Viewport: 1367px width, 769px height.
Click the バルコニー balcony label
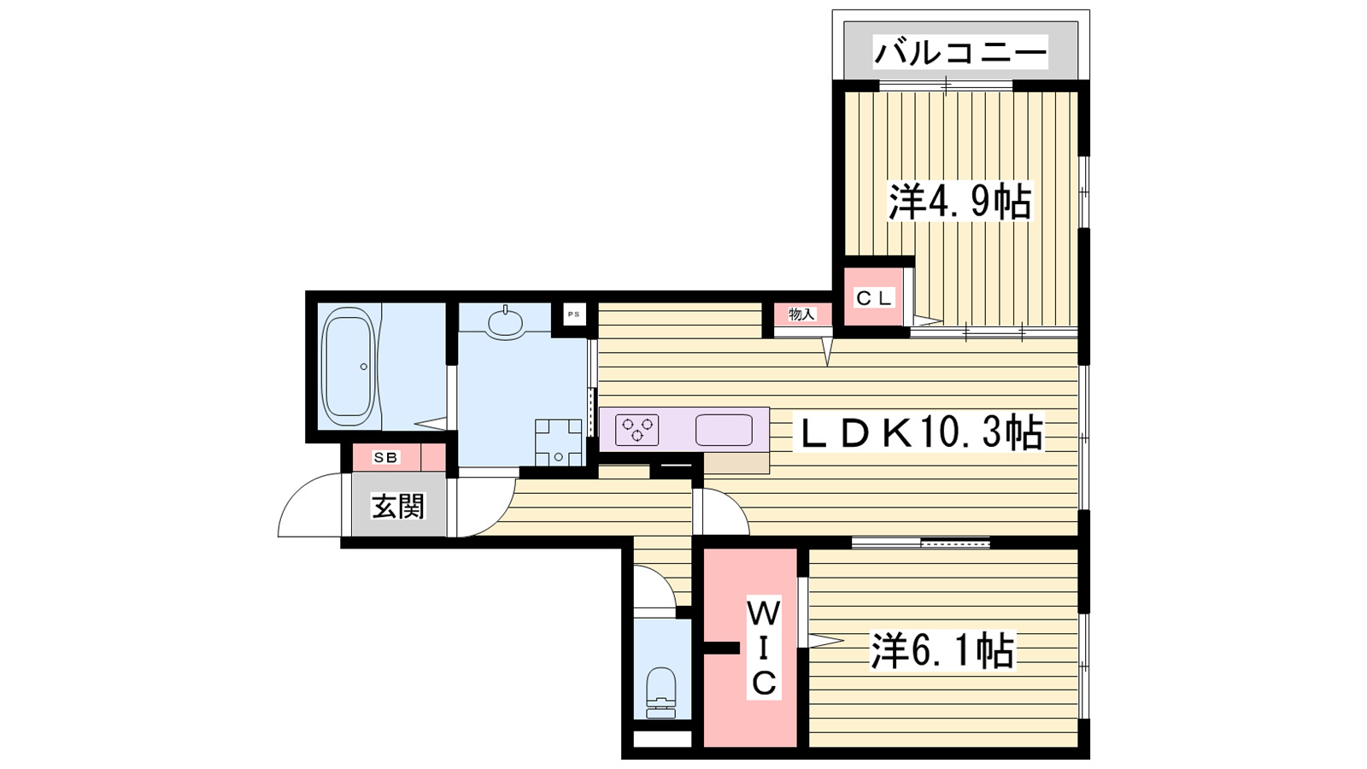pyautogui.click(x=959, y=53)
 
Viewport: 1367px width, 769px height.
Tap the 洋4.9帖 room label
pyautogui.click(x=959, y=202)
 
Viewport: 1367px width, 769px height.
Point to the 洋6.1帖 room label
pyautogui.click(x=942, y=651)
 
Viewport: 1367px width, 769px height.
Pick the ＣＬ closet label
pyautogui.click(x=873, y=298)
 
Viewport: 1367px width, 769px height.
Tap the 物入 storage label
pyautogui.click(x=801, y=314)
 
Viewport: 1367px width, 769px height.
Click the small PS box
pyautogui.click(x=573, y=314)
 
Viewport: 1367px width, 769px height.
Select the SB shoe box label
pyautogui.click(x=385, y=458)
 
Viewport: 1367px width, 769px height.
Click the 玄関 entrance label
pyautogui.click(x=397, y=507)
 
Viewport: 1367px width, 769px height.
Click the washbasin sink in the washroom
pyautogui.click(x=506, y=323)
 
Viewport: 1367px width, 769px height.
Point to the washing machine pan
pyautogui.click(x=558, y=442)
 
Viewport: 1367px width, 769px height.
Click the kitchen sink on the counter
pyautogui.click(x=724, y=430)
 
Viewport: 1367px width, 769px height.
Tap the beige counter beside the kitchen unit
pyautogui.click(x=736, y=462)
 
